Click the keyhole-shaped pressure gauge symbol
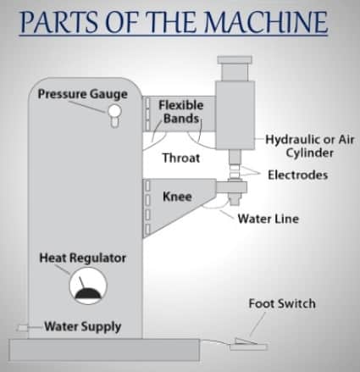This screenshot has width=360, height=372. (113, 120)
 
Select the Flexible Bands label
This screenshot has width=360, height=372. (180, 111)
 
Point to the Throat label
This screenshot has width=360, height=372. (180, 158)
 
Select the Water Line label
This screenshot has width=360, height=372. (267, 218)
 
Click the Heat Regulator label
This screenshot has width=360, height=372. (83, 257)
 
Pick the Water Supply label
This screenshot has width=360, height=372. (82, 326)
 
